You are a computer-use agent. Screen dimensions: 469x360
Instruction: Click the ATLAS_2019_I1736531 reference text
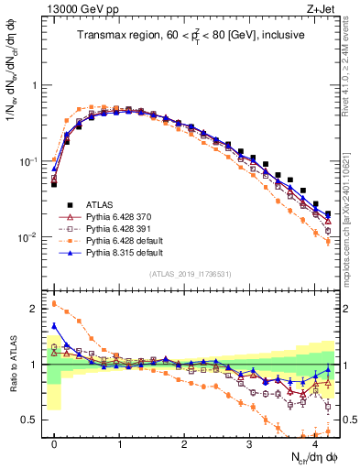(191, 274)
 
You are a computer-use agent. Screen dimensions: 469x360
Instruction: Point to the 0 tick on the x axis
(54, 444)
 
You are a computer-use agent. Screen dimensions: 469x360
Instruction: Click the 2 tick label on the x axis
(184, 444)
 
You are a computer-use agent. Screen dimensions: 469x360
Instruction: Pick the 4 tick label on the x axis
(314, 444)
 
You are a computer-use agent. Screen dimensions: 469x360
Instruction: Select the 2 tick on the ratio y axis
(35, 309)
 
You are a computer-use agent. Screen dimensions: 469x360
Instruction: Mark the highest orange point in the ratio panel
(54, 303)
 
